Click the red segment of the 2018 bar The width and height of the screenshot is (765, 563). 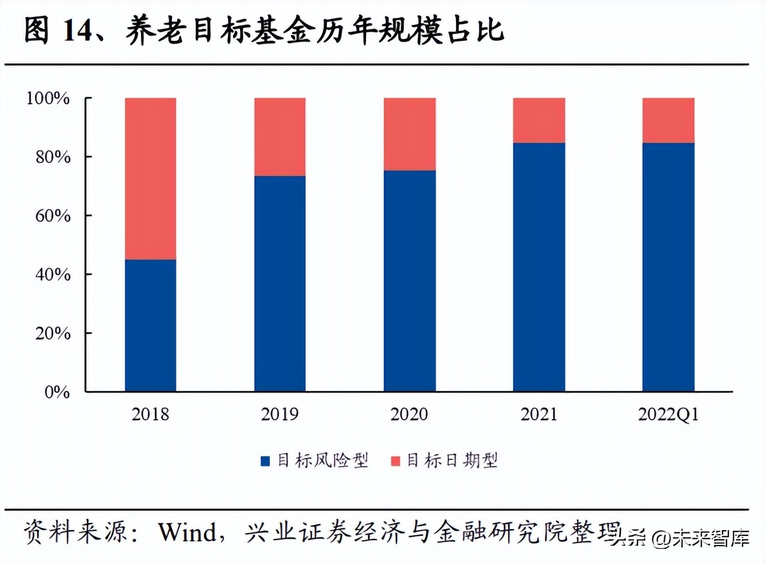click(150, 178)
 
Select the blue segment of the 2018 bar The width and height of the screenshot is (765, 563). click(150, 326)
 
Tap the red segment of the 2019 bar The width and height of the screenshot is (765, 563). click(280, 137)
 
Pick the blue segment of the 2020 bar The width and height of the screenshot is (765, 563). click(409, 280)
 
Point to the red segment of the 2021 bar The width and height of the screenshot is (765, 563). click(539, 120)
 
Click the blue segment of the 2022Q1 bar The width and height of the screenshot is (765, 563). click(668, 266)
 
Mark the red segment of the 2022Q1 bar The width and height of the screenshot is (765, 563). click(668, 120)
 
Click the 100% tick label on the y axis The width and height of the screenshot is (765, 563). click(48, 98)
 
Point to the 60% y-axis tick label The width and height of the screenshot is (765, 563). click(53, 215)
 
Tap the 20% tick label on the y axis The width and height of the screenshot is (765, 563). click(53, 333)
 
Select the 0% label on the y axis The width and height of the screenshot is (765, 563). click(57, 392)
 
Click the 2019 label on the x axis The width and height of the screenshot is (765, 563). click(280, 415)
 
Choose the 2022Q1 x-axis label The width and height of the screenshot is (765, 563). click(668, 415)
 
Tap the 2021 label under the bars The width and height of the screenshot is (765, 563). click(539, 415)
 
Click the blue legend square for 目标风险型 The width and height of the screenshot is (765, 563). click(265, 461)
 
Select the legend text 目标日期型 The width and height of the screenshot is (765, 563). click(452, 460)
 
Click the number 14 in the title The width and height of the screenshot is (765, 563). click(77, 30)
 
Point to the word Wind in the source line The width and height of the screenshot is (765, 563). click(187, 532)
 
